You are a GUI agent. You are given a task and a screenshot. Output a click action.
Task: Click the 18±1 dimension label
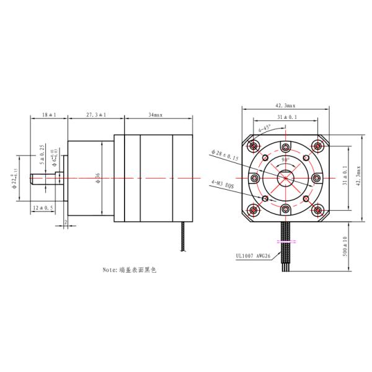coord(48,115)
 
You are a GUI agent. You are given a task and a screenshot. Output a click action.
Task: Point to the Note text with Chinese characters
coord(131,270)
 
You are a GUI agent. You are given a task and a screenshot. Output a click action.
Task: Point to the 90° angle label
coord(285,160)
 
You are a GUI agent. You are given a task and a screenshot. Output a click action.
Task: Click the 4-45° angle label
coord(265,131)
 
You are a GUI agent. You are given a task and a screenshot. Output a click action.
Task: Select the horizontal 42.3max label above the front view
coord(285,105)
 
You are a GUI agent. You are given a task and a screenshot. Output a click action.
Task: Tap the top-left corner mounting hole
coord(253,146)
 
